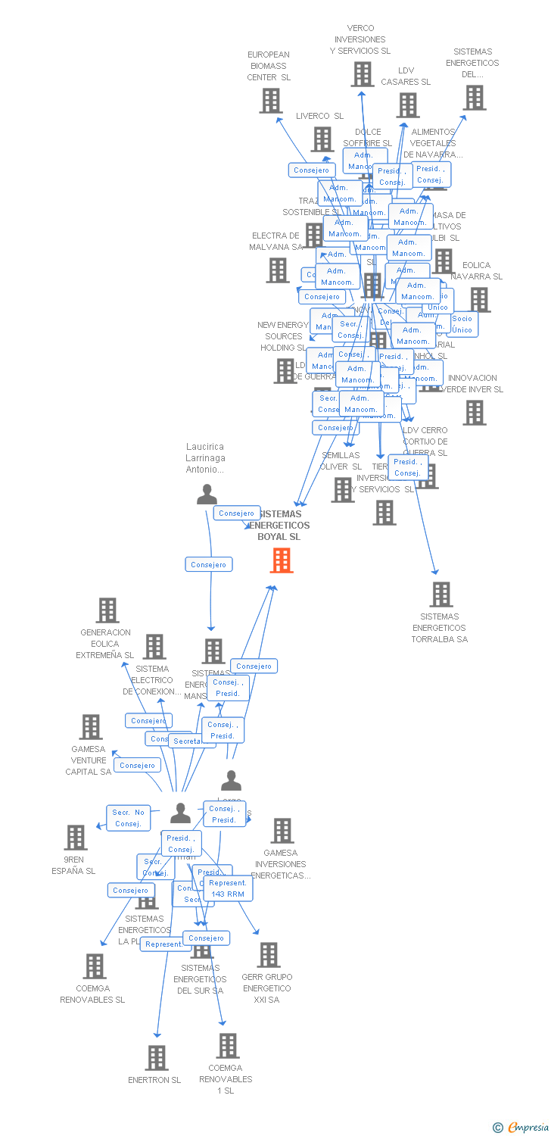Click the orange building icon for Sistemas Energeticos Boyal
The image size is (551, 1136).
coord(282,560)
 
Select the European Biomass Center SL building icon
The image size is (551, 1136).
coord(270,101)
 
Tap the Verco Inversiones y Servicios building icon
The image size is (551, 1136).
coord(362,74)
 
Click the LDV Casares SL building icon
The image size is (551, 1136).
coord(408,105)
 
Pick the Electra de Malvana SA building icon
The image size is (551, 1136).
coord(278,270)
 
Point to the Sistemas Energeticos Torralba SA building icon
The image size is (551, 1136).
coord(440,595)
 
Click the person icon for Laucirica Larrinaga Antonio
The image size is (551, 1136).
coord(207,495)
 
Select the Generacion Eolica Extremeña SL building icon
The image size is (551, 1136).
coord(107,610)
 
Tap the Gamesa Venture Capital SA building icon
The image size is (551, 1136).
coord(91,727)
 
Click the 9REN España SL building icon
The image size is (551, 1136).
coord(76,838)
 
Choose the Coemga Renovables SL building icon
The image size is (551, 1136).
coord(95,966)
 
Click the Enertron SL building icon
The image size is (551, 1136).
coord(156,1058)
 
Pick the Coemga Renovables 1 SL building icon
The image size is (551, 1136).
coord(227,1046)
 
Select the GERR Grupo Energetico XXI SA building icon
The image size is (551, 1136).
coord(269,955)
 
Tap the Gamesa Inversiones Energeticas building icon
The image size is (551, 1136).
coord(282,831)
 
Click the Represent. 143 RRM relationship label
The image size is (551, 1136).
coord(228,888)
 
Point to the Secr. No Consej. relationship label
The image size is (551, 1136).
coord(128,818)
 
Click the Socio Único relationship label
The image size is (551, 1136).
coord(462,324)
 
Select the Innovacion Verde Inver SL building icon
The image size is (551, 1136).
coord(475,413)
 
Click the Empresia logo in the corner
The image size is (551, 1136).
coord(521,1128)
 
